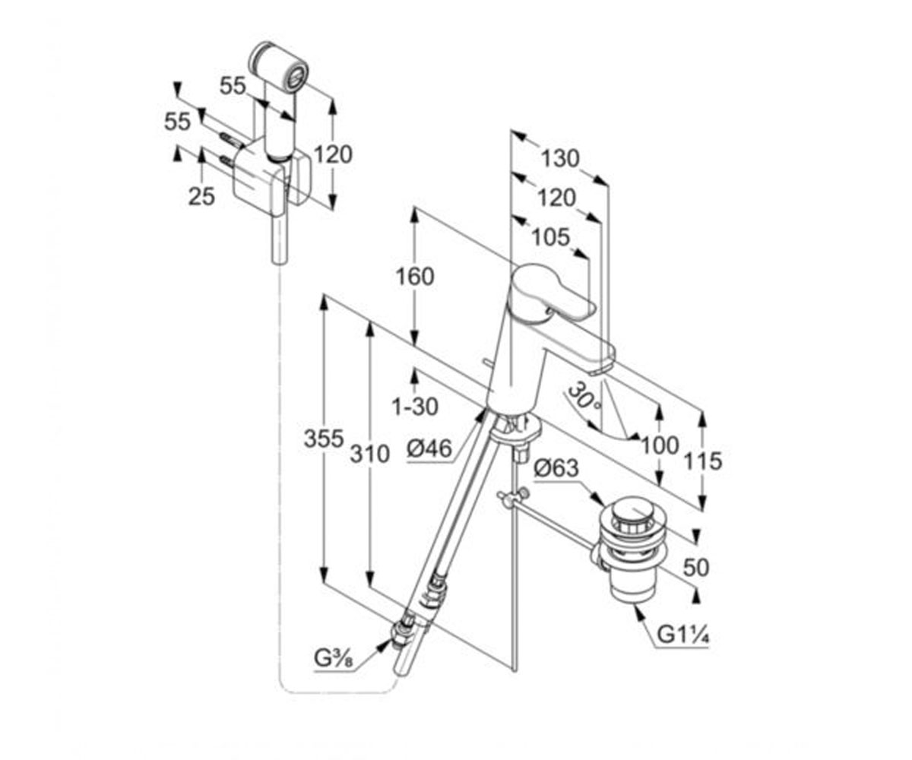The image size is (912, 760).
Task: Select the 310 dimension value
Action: (370, 454)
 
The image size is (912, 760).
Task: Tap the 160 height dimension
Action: (415, 277)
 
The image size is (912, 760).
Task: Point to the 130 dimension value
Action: (560, 158)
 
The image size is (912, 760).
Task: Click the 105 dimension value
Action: (551, 237)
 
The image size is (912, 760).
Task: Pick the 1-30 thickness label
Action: (415, 407)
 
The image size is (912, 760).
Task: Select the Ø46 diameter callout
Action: (429, 448)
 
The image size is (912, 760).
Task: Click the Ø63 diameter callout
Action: (556, 469)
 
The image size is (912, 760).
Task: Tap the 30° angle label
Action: (584, 397)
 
